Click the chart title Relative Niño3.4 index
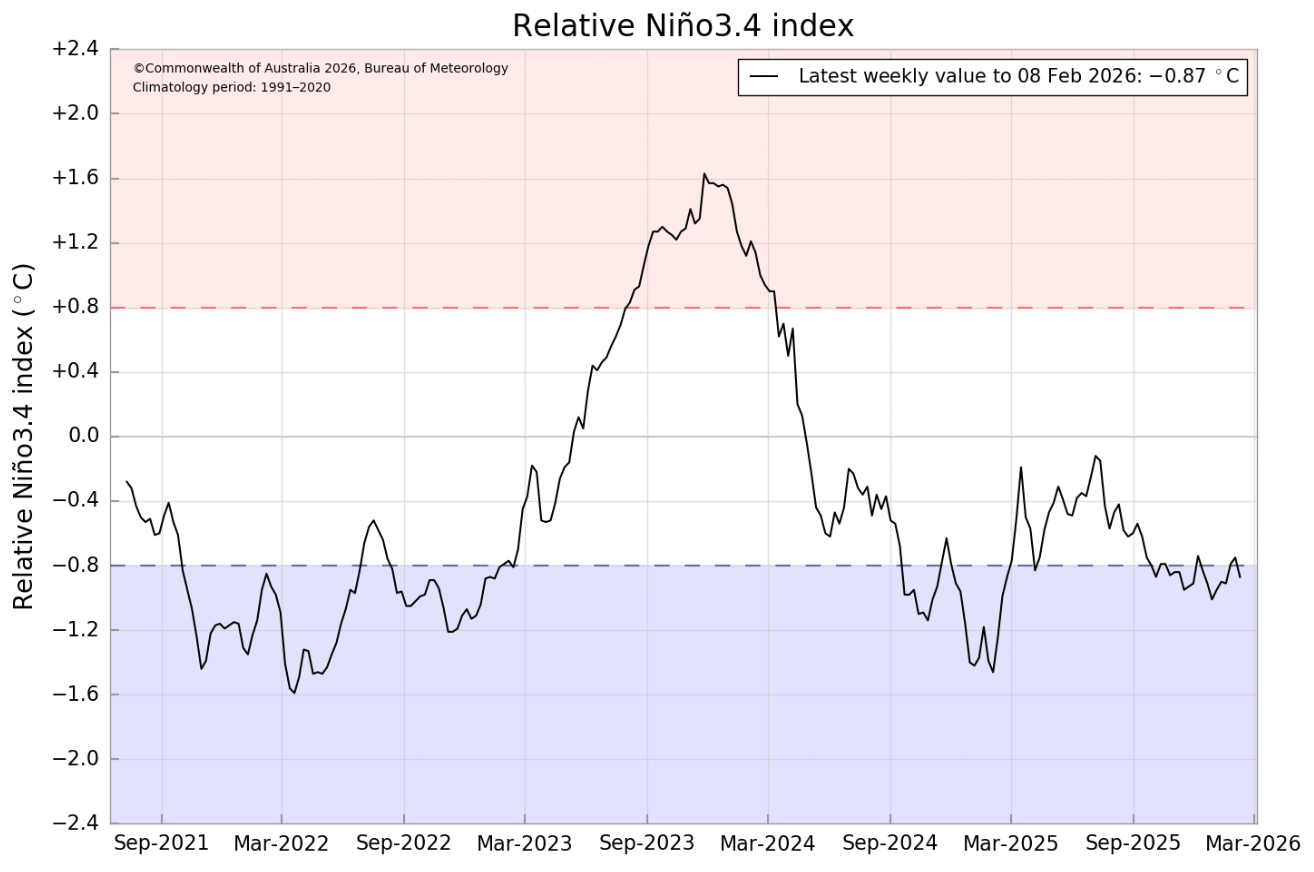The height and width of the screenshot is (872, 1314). tap(683, 26)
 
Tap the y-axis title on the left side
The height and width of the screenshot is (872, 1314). tap(23, 436)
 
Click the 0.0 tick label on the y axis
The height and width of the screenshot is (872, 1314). tap(85, 436)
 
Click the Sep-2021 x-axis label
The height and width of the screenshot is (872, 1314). tap(161, 843)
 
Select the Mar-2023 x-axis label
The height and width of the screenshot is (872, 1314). tap(524, 843)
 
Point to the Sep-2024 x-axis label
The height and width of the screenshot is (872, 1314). tap(889, 843)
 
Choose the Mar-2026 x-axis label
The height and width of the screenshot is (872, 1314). tap(1253, 843)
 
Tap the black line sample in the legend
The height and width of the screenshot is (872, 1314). tap(765, 77)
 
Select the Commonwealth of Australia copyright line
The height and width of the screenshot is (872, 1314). tap(320, 69)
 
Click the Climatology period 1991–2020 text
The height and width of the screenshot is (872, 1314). tap(231, 88)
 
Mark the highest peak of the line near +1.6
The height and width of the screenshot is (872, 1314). tap(704, 174)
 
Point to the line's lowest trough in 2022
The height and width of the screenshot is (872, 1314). tap(294, 692)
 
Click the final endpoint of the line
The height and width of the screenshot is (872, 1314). tap(1240, 577)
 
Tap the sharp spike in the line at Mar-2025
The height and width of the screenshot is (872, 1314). tap(1021, 467)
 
